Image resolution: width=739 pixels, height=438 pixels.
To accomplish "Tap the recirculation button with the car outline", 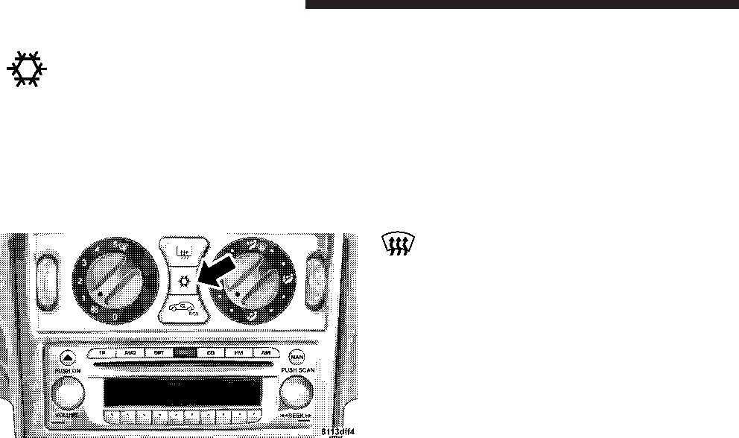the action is click(182, 308).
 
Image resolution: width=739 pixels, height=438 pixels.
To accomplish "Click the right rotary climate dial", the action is click(254, 279).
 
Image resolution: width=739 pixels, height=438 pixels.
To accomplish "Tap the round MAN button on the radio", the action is click(296, 355).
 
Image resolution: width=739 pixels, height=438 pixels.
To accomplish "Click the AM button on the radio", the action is click(265, 354).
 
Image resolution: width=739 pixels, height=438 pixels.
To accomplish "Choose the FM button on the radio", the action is click(238, 354).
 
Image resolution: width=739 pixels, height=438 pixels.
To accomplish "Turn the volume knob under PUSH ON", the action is click(68, 392).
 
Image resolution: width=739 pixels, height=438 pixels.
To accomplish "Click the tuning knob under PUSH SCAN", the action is click(296, 390).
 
